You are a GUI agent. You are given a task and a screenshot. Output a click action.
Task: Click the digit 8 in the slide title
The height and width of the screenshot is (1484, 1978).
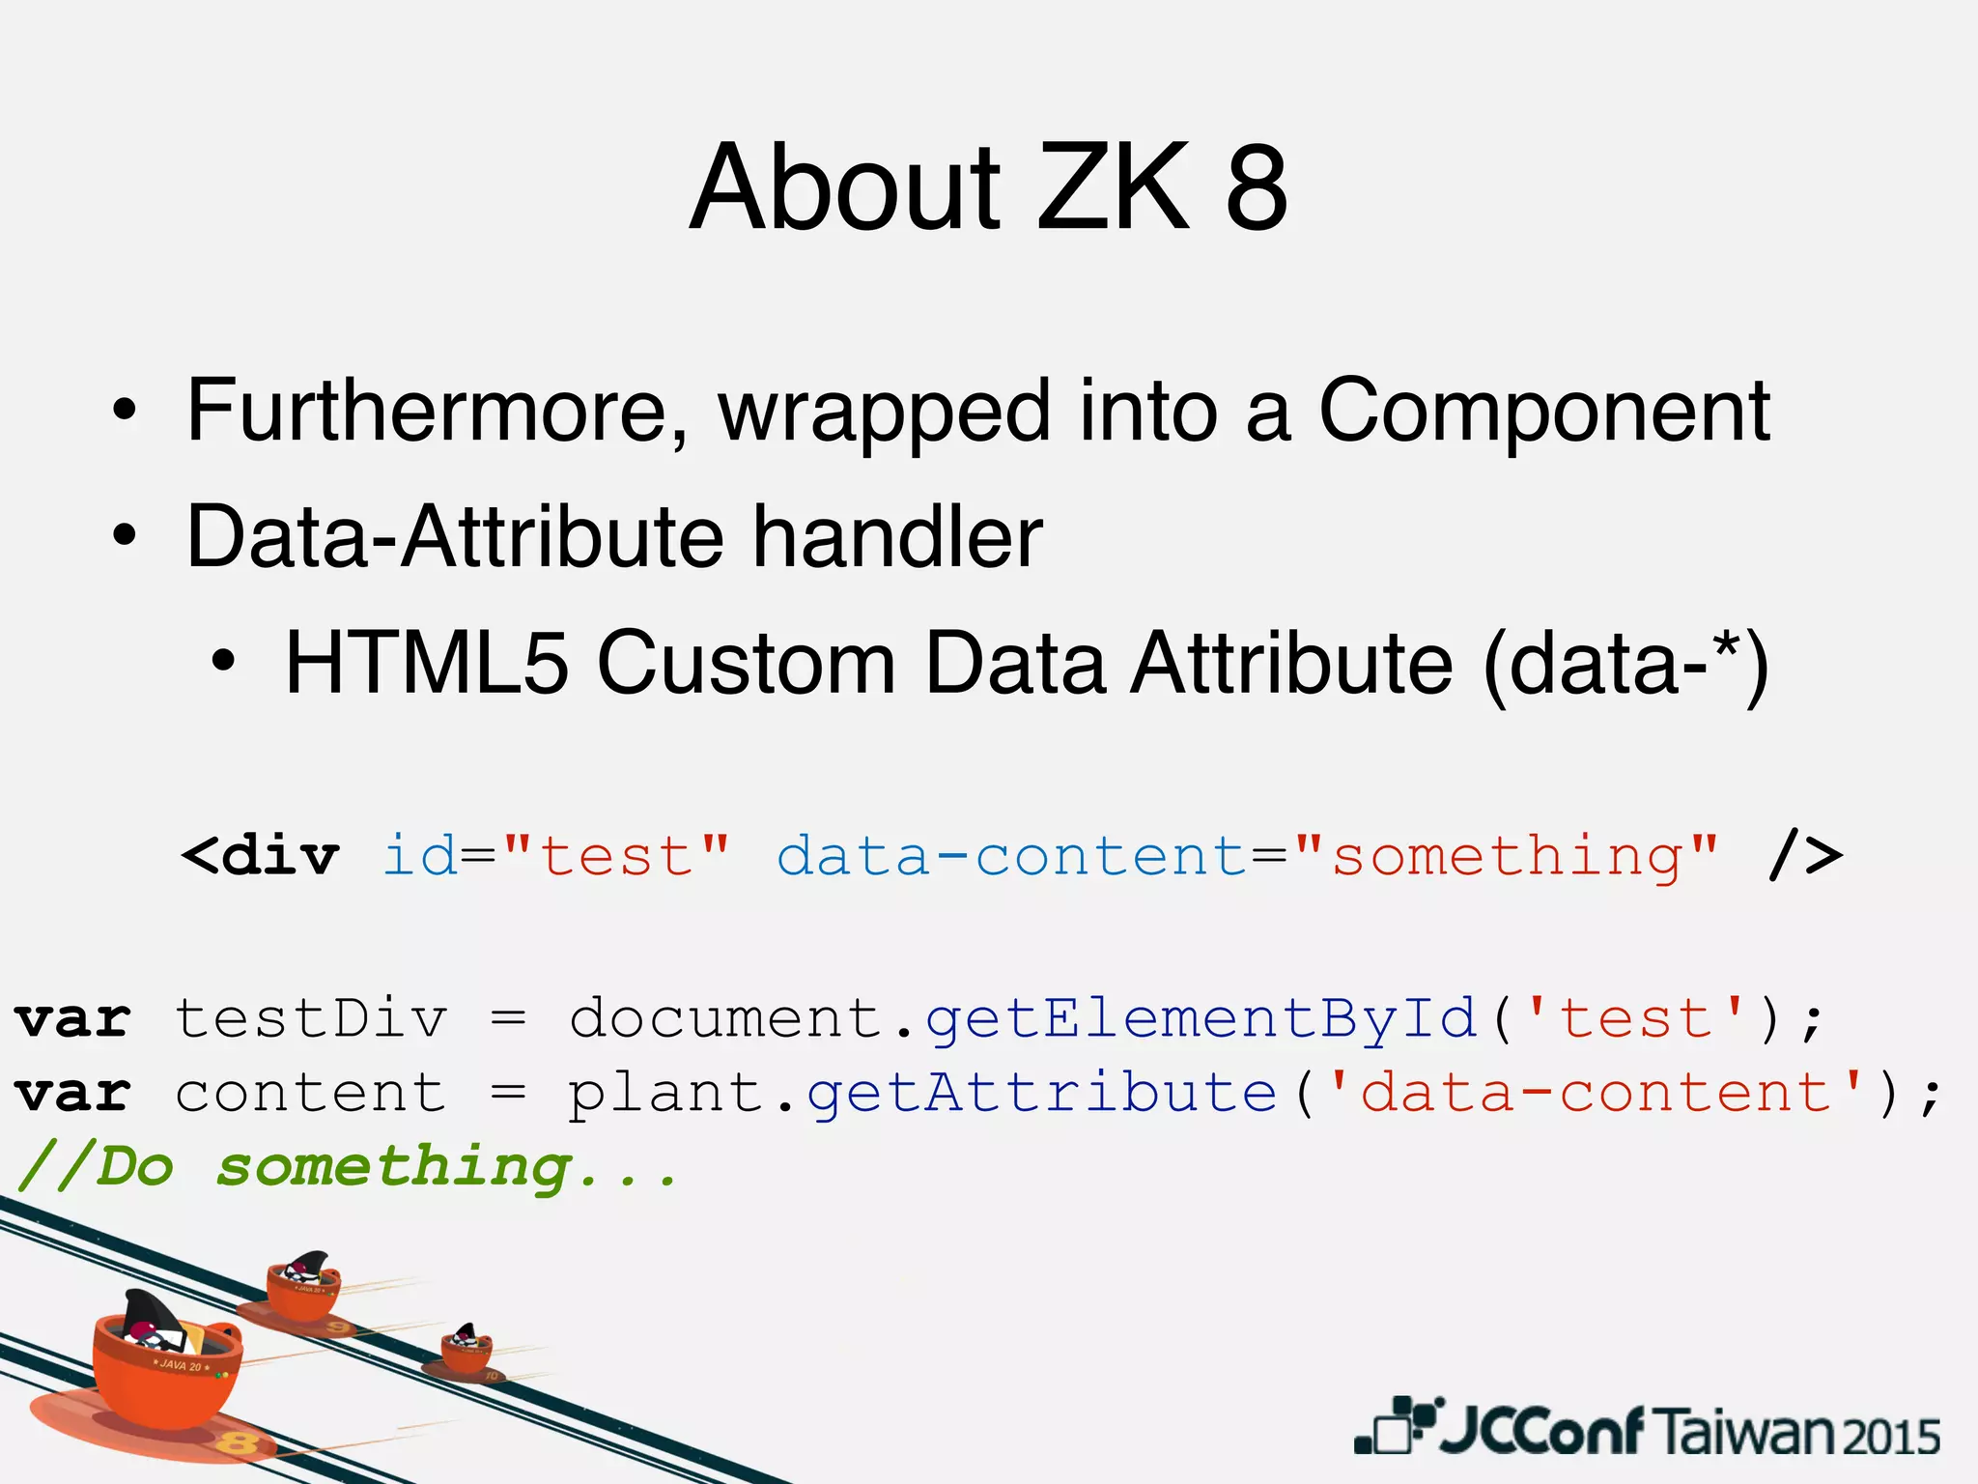1257,187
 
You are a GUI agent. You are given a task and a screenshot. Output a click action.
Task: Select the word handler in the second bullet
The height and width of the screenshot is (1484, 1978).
898,537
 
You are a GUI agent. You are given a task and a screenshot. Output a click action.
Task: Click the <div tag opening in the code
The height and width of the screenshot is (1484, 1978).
260,856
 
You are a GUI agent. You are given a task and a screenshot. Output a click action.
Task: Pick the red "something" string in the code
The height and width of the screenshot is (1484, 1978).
1507,856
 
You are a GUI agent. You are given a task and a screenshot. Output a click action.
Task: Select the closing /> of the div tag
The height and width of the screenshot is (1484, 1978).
1804,856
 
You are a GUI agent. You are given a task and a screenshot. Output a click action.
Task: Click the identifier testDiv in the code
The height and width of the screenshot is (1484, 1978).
310,1019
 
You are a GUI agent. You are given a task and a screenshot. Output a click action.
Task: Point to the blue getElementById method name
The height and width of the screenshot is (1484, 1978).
1201,1019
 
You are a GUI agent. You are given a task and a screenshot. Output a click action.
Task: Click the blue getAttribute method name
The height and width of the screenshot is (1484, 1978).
1042,1094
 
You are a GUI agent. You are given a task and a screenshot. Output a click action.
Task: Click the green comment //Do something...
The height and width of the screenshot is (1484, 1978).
348,1167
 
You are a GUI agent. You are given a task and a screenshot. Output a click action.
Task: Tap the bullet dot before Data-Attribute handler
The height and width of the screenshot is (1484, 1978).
124,537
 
